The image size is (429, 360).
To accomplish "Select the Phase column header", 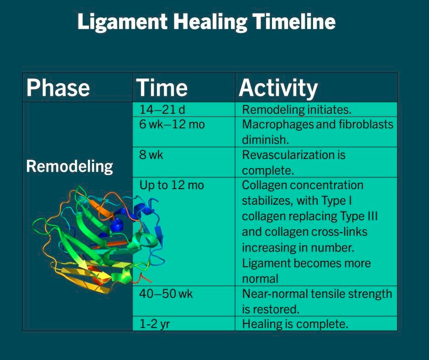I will pos(58,88).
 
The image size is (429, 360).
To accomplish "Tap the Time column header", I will pos(162,88).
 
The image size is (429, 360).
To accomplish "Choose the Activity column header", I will pos(278,88).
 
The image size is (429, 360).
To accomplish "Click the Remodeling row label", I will pos(69,166).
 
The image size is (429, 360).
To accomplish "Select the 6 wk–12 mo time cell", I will pos(172,124).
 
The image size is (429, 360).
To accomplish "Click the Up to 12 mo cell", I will pos(172,185).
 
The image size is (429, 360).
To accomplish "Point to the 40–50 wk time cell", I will pos(166,293).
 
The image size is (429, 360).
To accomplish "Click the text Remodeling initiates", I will pos(296,110).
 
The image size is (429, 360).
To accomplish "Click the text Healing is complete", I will pos(295,324).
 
